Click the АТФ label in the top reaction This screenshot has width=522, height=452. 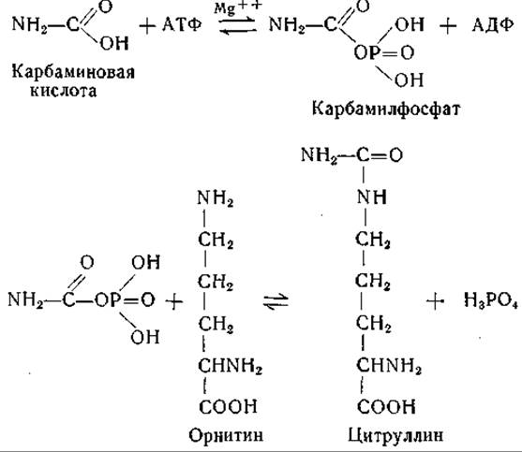pyautogui.click(x=182, y=24)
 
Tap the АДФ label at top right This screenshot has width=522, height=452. pyautogui.click(x=492, y=24)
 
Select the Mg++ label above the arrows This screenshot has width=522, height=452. pyautogui.click(x=238, y=7)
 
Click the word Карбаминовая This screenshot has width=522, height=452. pyautogui.click(x=73, y=72)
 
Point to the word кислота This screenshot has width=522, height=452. pyautogui.click(x=63, y=91)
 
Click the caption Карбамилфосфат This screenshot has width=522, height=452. pyautogui.click(x=386, y=109)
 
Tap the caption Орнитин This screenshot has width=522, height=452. pyautogui.click(x=226, y=435)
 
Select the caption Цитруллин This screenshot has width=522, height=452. pyautogui.click(x=395, y=435)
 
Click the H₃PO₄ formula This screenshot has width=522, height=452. pyautogui.click(x=491, y=300)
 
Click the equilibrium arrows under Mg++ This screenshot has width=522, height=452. pyautogui.click(x=238, y=25)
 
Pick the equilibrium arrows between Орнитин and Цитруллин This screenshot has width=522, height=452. pyautogui.click(x=276, y=301)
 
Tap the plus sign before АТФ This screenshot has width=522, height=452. pyautogui.click(x=147, y=26)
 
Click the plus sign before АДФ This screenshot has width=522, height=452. pyautogui.click(x=448, y=25)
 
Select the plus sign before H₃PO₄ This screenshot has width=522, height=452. pyautogui.click(x=436, y=301)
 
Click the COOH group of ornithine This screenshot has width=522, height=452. pyautogui.click(x=228, y=406)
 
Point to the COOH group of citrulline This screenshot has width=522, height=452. pyautogui.click(x=386, y=406)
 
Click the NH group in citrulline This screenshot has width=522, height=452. pyautogui.click(x=372, y=197)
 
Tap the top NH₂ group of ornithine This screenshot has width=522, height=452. pyautogui.click(x=215, y=198)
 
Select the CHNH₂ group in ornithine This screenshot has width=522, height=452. pyautogui.click(x=230, y=366)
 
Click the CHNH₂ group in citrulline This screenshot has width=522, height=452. pyautogui.click(x=389, y=366)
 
